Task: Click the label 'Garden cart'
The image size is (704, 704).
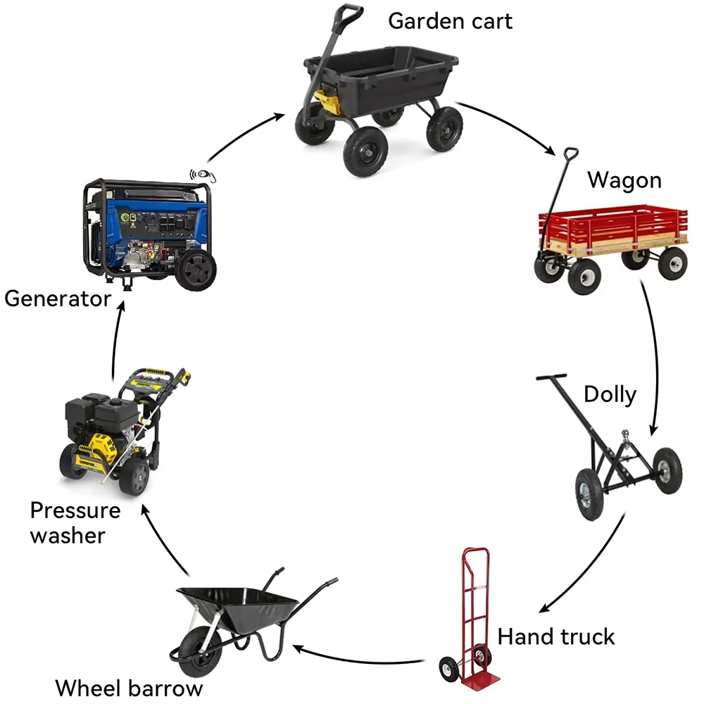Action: tap(450, 20)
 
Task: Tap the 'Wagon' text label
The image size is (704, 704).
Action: tap(624, 180)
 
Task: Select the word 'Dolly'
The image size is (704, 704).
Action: tap(610, 394)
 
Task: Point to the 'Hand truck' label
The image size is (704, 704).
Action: tap(556, 637)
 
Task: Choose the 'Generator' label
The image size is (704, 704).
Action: tap(58, 298)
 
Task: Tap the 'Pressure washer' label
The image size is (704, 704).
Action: tap(75, 522)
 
